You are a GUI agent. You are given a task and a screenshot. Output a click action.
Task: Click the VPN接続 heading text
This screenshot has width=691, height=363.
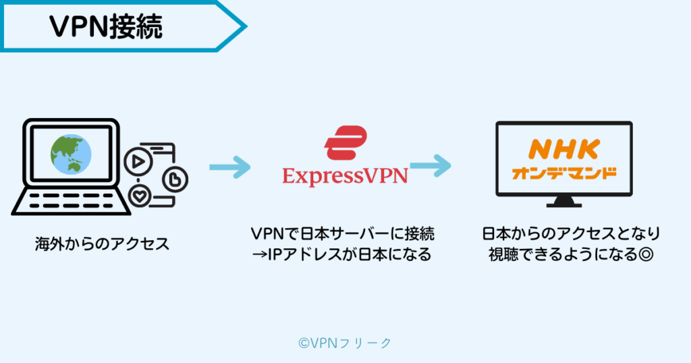point(106,26)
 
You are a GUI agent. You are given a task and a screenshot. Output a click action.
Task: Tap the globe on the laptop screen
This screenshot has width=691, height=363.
point(71,155)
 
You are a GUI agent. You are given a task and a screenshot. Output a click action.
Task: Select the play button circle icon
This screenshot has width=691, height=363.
point(138,162)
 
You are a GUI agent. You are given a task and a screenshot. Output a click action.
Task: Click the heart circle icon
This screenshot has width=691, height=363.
point(140,196)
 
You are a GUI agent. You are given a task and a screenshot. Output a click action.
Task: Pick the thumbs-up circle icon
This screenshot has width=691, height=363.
point(175,179)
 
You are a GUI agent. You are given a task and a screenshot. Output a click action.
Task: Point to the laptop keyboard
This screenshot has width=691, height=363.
point(72,200)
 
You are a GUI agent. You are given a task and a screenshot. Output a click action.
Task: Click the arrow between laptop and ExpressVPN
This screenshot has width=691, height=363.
point(229,167)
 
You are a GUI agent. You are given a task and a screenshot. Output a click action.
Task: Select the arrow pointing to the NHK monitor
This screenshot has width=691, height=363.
point(431,165)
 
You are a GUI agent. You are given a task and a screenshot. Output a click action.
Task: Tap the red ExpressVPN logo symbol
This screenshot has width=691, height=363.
point(345,142)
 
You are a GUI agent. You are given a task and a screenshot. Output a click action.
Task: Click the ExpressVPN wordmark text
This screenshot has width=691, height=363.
point(345,177)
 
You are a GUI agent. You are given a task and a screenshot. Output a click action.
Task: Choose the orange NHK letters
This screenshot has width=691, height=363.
point(564,149)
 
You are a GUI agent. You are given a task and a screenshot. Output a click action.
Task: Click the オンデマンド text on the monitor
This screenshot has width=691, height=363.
point(564,173)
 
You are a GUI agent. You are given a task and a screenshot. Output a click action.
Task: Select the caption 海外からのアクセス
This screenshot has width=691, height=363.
point(103,244)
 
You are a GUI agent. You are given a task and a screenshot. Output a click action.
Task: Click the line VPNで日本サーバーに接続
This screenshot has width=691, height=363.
point(342,233)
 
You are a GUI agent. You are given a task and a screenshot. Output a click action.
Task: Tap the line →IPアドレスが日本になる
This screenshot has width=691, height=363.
point(341,254)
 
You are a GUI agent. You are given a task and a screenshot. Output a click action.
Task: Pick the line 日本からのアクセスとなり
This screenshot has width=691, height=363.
point(571,233)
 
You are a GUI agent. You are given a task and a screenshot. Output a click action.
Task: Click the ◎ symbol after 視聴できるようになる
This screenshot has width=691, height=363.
point(646,254)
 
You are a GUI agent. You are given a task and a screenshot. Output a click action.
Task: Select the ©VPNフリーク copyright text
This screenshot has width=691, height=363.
point(345,343)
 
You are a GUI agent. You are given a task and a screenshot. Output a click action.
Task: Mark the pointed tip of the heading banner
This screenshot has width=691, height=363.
point(247,26)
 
